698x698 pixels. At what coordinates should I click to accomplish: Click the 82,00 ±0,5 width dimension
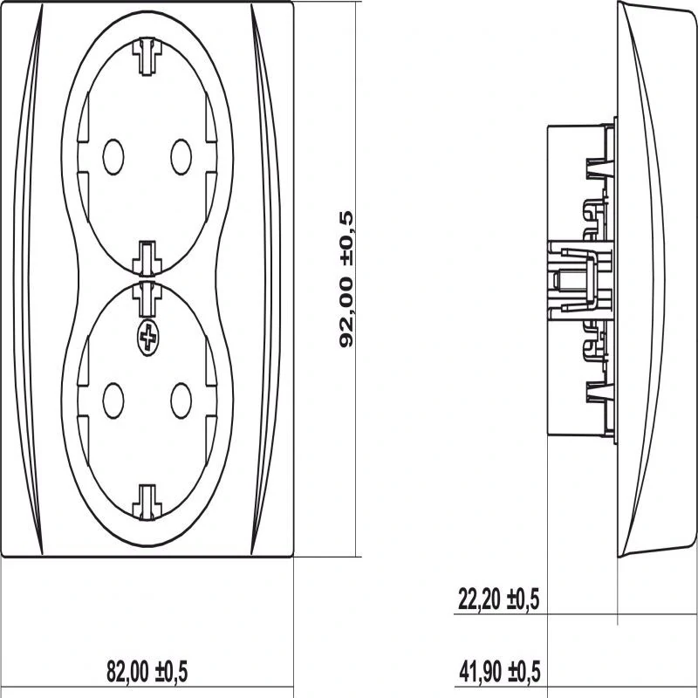(147, 672)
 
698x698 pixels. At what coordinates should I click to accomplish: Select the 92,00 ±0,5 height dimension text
(346, 279)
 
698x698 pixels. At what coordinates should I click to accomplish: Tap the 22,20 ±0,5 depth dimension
(498, 599)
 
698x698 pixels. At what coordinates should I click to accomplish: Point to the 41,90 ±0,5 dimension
(500, 672)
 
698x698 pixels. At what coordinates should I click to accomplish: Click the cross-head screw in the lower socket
(148, 338)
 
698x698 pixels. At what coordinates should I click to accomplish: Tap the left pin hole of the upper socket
(113, 157)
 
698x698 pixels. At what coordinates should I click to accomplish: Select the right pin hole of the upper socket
(181, 157)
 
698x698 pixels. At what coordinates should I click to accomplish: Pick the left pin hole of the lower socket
(113, 400)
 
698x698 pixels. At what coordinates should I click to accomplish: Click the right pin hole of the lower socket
(181, 400)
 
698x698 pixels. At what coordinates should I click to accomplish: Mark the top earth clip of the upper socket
(147, 57)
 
